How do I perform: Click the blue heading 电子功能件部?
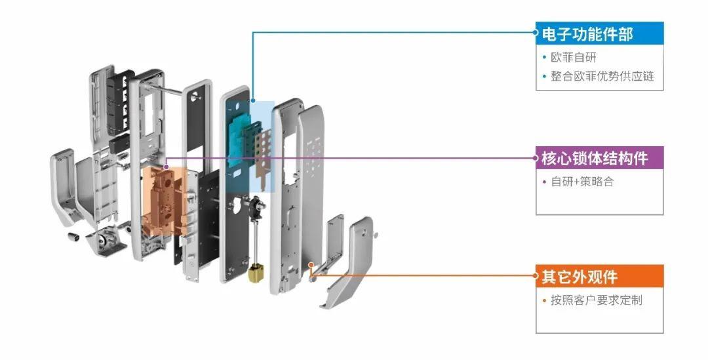pyautogui.click(x=587, y=34)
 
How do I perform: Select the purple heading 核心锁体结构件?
pyautogui.click(x=595, y=158)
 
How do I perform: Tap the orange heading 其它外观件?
pyautogui.click(x=580, y=277)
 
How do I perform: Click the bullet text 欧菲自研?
pyautogui.click(x=574, y=57)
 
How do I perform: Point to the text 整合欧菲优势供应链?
pyautogui.click(x=602, y=76)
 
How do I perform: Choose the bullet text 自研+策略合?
pyautogui.click(x=583, y=182)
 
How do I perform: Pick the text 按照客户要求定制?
pyautogui.click(x=596, y=300)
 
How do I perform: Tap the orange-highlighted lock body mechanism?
pyautogui.click(x=164, y=201)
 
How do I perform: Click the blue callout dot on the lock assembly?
pyautogui.click(x=253, y=100)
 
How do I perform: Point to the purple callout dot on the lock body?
pyautogui.click(x=166, y=167)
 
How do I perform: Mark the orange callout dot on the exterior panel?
pyautogui.click(x=311, y=265)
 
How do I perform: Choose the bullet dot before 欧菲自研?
pyautogui.click(x=545, y=58)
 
